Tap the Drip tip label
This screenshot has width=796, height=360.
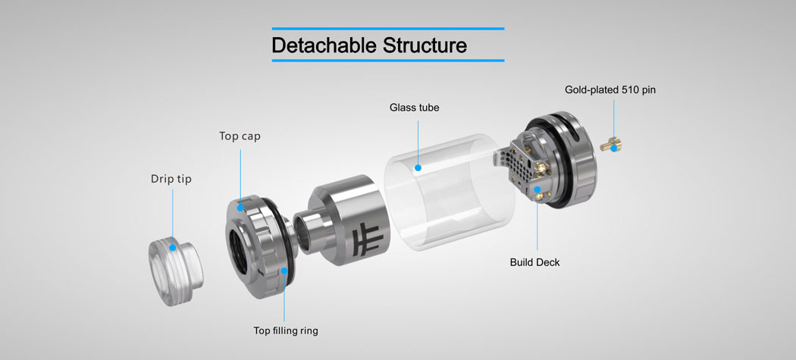[x=171, y=180]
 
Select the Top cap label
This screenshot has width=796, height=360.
[x=240, y=136]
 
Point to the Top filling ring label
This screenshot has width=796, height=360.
[x=286, y=330]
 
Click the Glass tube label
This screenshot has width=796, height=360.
[x=415, y=108]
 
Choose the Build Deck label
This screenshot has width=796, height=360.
[x=535, y=262]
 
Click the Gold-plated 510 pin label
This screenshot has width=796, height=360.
[x=610, y=89]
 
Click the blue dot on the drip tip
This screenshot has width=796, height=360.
[x=173, y=246]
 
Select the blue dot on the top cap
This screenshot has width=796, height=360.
[x=240, y=208]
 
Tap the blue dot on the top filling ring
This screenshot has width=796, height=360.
[x=285, y=271]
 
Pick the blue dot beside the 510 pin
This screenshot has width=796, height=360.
[x=613, y=149]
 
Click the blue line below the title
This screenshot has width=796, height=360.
[x=387, y=61]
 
